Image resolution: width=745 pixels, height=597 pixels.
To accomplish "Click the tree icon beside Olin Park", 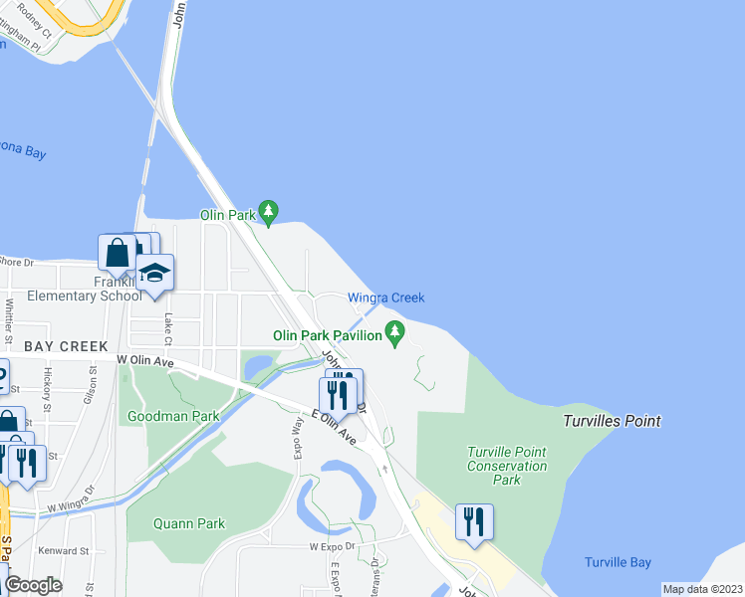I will [267, 211].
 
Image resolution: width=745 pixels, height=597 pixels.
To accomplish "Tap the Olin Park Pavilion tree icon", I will [395, 331].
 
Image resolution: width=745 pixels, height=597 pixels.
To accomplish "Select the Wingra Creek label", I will [385, 298].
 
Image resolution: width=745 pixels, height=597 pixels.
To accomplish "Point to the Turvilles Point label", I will [611, 421].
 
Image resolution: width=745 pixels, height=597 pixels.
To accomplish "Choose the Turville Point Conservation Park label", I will [507, 466].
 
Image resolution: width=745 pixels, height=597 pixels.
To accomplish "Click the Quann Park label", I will [189, 523].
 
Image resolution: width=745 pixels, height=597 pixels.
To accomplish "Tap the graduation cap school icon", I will [154, 274].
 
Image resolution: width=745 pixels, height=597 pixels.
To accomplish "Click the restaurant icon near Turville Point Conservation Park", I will [474, 520].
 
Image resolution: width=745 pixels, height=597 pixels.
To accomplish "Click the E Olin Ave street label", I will [333, 427].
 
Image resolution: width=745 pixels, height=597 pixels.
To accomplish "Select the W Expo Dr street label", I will [332, 546].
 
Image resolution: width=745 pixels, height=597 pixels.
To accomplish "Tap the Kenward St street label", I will [64, 549].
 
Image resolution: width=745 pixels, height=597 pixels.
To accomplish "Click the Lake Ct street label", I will [168, 324].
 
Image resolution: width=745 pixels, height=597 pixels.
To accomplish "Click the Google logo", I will [33, 584].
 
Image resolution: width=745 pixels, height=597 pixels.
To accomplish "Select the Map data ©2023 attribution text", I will [701, 589].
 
